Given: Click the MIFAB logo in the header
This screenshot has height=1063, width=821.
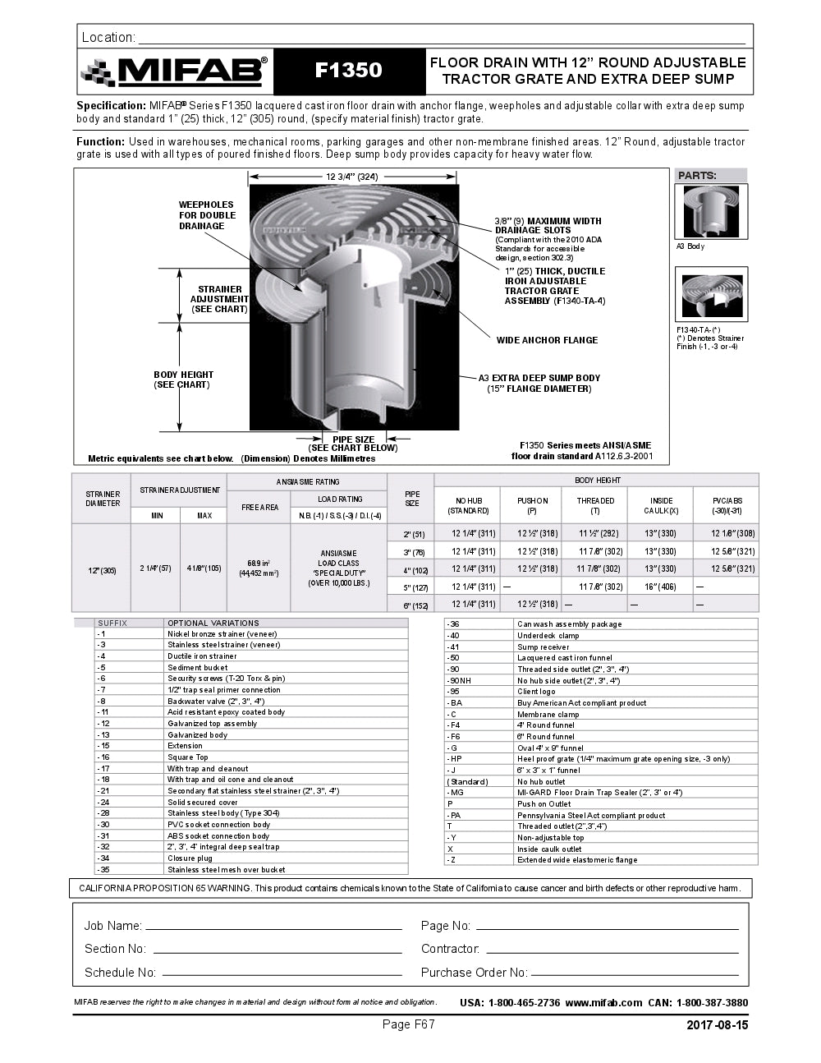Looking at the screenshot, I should (x=174, y=71).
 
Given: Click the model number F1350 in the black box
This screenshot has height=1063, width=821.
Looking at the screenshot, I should (x=349, y=71).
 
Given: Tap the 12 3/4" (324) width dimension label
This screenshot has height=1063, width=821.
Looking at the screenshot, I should (x=351, y=177).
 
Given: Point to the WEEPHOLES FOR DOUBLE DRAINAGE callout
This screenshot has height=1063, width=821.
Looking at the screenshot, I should (x=207, y=215).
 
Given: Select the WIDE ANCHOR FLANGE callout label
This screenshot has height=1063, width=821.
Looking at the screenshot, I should (x=547, y=340).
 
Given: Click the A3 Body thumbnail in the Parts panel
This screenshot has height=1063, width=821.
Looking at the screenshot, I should (x=711, y=212).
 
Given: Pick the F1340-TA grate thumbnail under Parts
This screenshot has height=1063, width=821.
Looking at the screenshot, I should (x=711, y=294).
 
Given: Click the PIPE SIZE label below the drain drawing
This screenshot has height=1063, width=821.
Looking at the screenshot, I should (x=353, y=439).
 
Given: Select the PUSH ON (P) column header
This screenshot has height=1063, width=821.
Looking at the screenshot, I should (x=532, y=505).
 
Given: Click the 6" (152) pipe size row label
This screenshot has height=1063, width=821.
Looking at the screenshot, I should (x=412, y=605).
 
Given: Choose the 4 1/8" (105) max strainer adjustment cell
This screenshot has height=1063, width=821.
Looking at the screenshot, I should (x=204, y=568).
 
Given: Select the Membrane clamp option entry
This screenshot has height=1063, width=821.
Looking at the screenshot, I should (x=548, y=715).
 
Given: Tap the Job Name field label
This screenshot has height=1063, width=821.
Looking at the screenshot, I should (x=112, y=926).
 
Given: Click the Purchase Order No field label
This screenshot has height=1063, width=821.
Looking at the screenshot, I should (x=474, y=973).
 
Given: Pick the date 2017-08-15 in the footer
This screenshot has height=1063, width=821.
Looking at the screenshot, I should (x=717, y=1025).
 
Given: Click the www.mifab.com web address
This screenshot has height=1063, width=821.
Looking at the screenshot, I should (x=603, y=1003).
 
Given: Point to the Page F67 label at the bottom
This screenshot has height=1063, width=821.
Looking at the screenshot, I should (x=408, y=1024).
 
